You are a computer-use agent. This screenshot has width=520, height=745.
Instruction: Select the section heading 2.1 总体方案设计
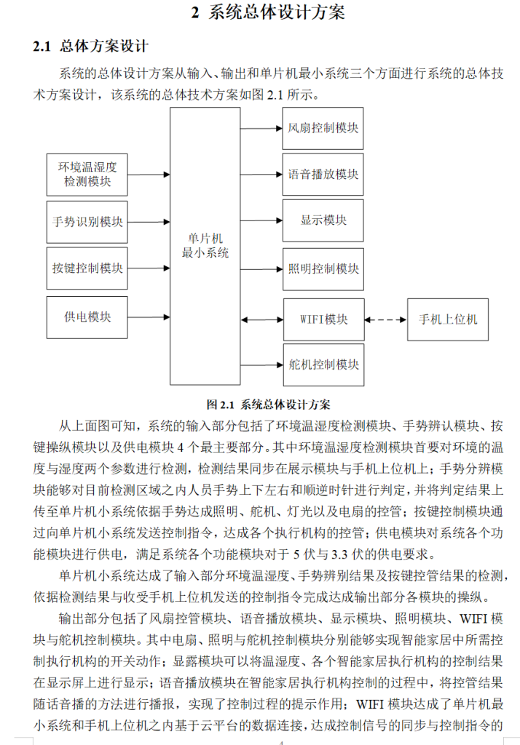tap(91, 47)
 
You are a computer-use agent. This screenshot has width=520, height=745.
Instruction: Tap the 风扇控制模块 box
tap(323, 128)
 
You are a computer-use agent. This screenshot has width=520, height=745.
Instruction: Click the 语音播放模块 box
tap(323, 175)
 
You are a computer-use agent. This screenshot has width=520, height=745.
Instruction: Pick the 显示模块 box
tap(323, 220)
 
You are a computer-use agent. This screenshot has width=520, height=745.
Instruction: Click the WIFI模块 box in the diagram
tap(323, 319)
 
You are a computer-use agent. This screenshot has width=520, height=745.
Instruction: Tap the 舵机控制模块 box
tap(323, 364)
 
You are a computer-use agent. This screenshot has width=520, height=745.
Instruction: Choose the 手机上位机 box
tap(448, 319)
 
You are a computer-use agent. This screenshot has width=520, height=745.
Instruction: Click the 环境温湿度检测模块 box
tap(87, 174)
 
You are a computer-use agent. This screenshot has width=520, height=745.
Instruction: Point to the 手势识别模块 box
tap(87, 221)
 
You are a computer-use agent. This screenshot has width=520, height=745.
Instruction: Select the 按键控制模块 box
tap(87, 268)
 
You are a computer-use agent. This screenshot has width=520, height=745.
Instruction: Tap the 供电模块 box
tap(87, 317)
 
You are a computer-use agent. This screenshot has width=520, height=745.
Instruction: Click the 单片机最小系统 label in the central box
tap(205, 246)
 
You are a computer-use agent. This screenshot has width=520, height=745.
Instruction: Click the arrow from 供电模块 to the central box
tap(149, 317)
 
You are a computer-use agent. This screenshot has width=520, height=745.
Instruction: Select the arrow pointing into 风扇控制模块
tap(261, 128)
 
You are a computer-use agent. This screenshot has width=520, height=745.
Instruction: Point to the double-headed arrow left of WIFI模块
tap(261, 319)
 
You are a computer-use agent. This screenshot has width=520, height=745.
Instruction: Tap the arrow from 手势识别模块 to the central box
tap(149, 221)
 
